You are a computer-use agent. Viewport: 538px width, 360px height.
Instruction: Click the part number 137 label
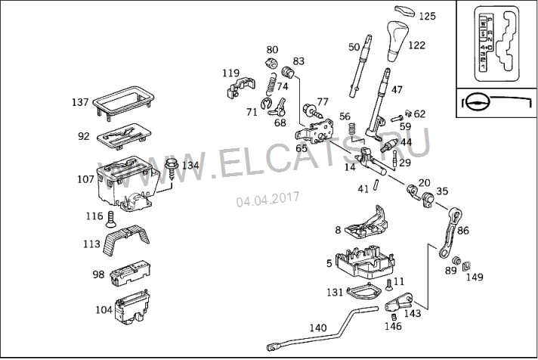click(80, 102)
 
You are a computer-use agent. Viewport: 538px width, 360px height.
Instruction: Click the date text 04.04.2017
click(267, 200)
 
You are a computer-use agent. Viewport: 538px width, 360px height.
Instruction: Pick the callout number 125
click(428, 16)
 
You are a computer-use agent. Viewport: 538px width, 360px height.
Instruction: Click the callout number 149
click(475, 277)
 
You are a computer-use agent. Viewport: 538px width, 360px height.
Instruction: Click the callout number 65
click(301, 149)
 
